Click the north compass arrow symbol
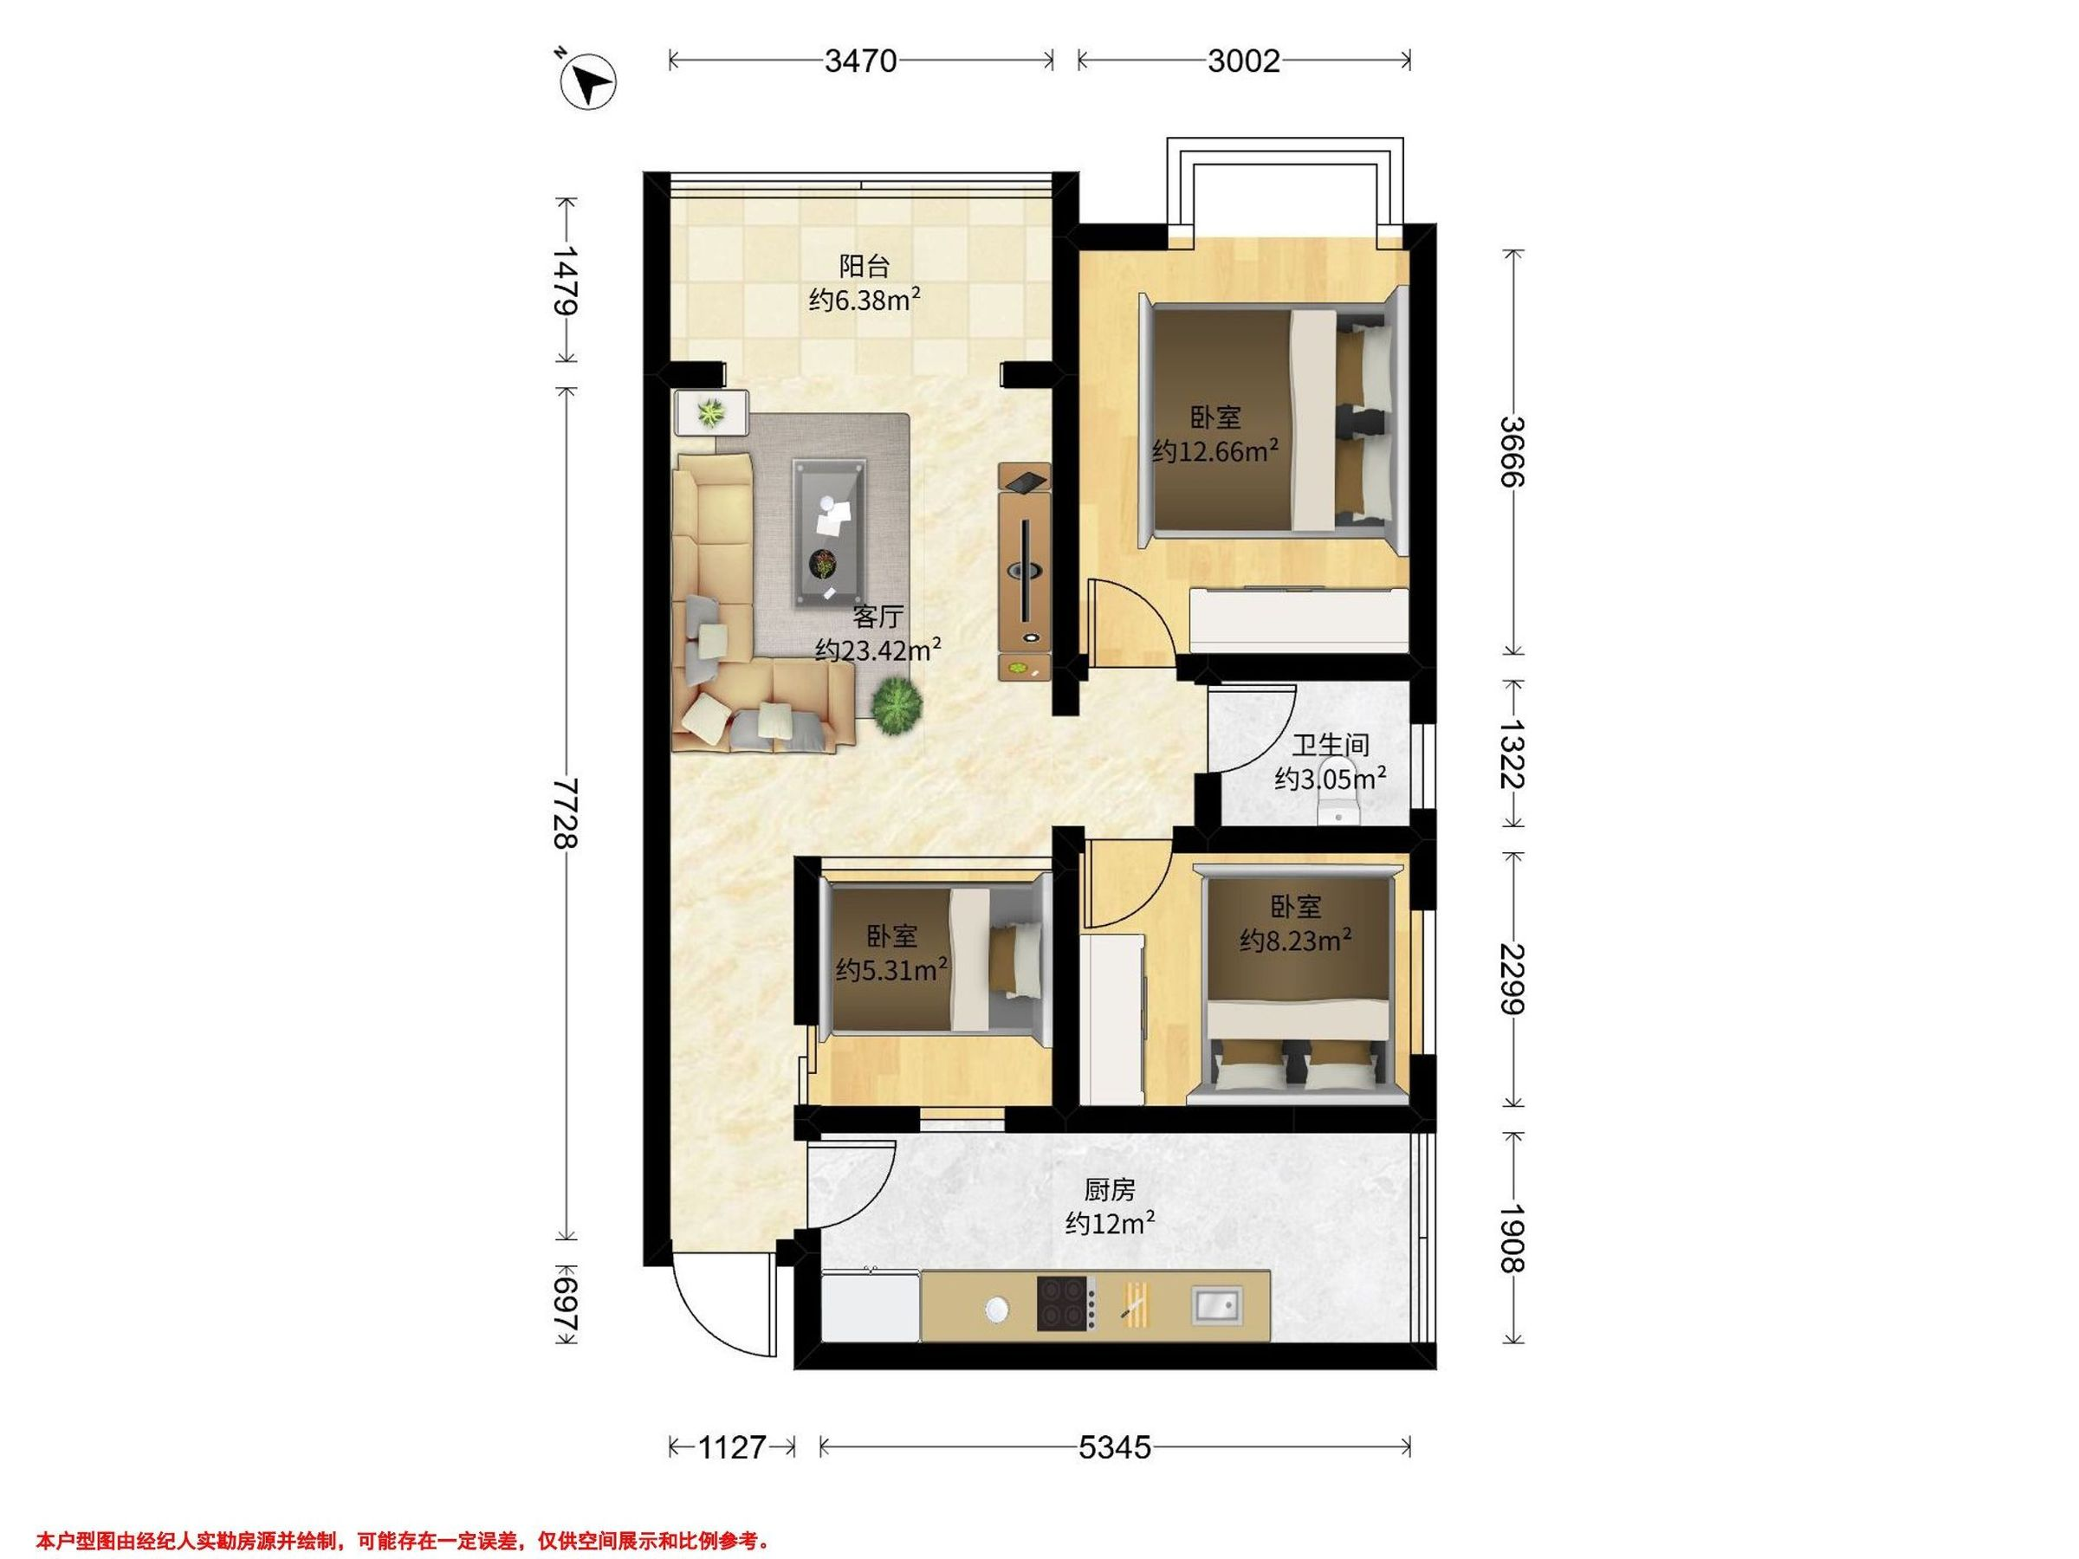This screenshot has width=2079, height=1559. pyautogui.click(x=587, y=81)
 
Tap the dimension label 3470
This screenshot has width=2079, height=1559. pyautogui.click(x=861, y=61)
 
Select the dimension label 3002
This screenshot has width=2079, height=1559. pyautogui.click(x=1243, y=61)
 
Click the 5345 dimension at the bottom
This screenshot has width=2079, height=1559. pyautogui.click(x=1115, y=1447)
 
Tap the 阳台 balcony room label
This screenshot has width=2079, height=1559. pyautogui.click(x=864, y=267)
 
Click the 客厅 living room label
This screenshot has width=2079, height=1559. pyautogui.click(x=878, y=617)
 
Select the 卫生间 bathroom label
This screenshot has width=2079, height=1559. pyautogui.click(x=1330, y=745)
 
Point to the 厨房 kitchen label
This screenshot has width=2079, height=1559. pyautogui.click(x=1110, y=1190)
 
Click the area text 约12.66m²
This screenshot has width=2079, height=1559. pyautogui.click(x=1215, y=451)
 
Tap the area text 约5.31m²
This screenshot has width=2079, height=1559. pyautogui.click(x=892, y=969)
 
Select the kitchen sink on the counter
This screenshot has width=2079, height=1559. pyautogui.click(x=1216, y=1304)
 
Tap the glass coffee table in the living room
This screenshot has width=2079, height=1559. pyautogui.click(x=830, y=531)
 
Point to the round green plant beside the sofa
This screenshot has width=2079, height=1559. pyautogui.click(x=896, y=707)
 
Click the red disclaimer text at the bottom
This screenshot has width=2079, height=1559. pyautogui.click(x=403, y=1514)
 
